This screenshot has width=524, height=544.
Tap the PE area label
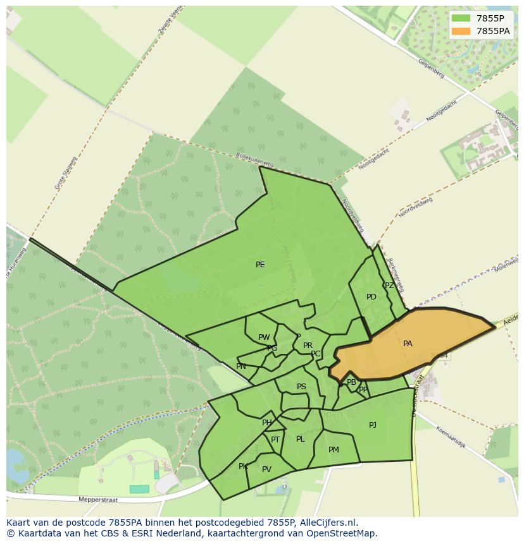point(260,265)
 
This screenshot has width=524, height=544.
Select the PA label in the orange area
point(408,344)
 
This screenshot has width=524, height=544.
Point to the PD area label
point(371,297)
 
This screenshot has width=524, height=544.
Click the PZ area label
point(389,286)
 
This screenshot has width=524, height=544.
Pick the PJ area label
point(373,425)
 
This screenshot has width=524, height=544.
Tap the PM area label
point(334,450)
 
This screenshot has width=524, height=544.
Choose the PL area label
point(301,439)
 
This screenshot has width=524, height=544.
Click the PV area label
point(266,469)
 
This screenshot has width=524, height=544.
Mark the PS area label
point(301,387)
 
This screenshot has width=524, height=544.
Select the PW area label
point(264,337)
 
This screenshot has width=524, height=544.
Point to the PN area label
point(241,366)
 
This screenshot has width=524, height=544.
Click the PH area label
point(267,423)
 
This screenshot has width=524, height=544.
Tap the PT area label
point(275,440)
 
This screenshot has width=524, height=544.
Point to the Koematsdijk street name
point(450,437)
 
